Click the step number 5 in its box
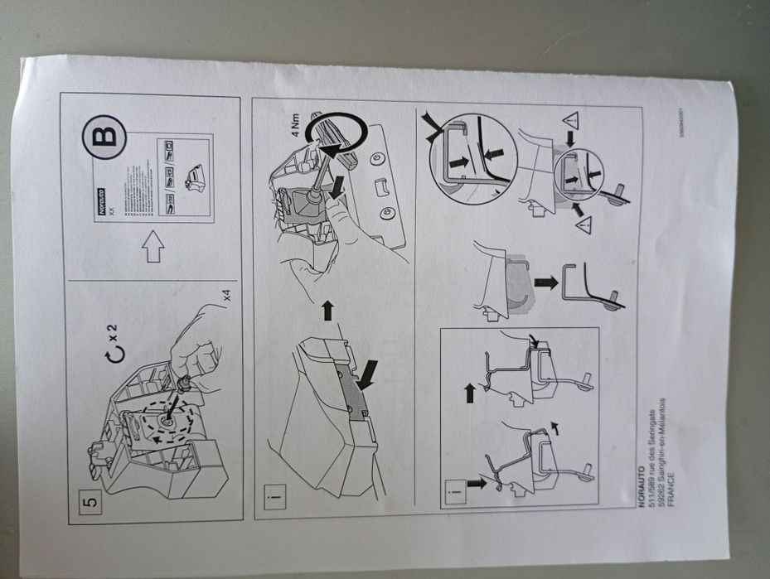tap(91, 499)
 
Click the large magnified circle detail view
tap(472, 153)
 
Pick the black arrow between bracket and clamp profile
tap(545, 282)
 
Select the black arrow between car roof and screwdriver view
tap(326, 311)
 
